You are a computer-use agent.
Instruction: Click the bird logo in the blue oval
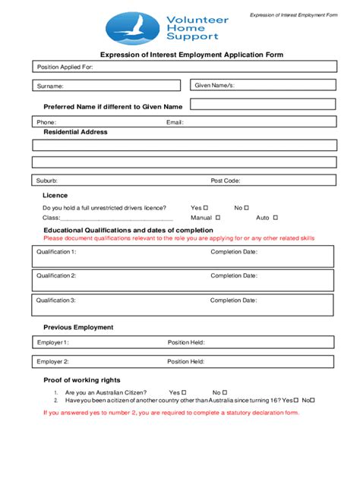pos(132,28)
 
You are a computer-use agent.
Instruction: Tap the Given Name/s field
pos(263,86)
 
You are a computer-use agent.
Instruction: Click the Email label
pos(175,122)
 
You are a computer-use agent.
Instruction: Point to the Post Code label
pos(226,181)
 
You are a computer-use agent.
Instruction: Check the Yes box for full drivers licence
pos(207,207)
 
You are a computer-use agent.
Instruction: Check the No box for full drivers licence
pos(246,207)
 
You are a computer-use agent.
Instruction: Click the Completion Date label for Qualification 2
pos(234,276)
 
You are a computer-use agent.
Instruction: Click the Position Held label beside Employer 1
pos(186,342)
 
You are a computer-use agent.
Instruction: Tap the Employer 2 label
pos(53,362)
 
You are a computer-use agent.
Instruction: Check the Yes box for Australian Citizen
pos(184,392)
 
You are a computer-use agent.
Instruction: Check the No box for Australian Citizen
pos(226,392)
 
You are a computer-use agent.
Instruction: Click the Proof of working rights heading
pos(82,379)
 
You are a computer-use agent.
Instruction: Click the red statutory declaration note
pos(171,413)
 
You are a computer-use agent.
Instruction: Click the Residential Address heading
pos(75,132)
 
